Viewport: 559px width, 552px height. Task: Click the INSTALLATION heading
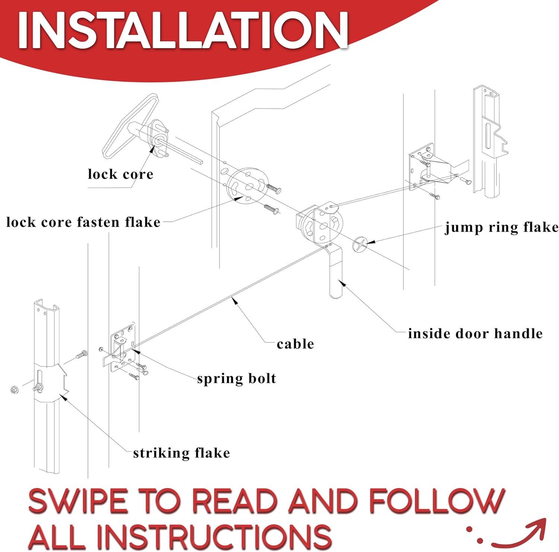point(183,30)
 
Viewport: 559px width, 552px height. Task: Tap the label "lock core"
point(120,174)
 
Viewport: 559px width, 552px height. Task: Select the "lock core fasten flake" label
point(83,222)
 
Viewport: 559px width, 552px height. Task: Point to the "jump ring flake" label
point(502,227)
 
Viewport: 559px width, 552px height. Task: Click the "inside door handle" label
point(475,334)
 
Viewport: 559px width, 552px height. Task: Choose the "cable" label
point(295,344)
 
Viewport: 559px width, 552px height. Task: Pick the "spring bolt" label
point(237,378)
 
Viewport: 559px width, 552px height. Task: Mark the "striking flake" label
point(181,453)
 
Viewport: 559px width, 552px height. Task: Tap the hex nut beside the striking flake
point(15,390)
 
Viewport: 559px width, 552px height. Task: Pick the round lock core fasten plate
point(248,185)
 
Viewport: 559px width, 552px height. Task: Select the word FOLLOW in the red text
point(436,501)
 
